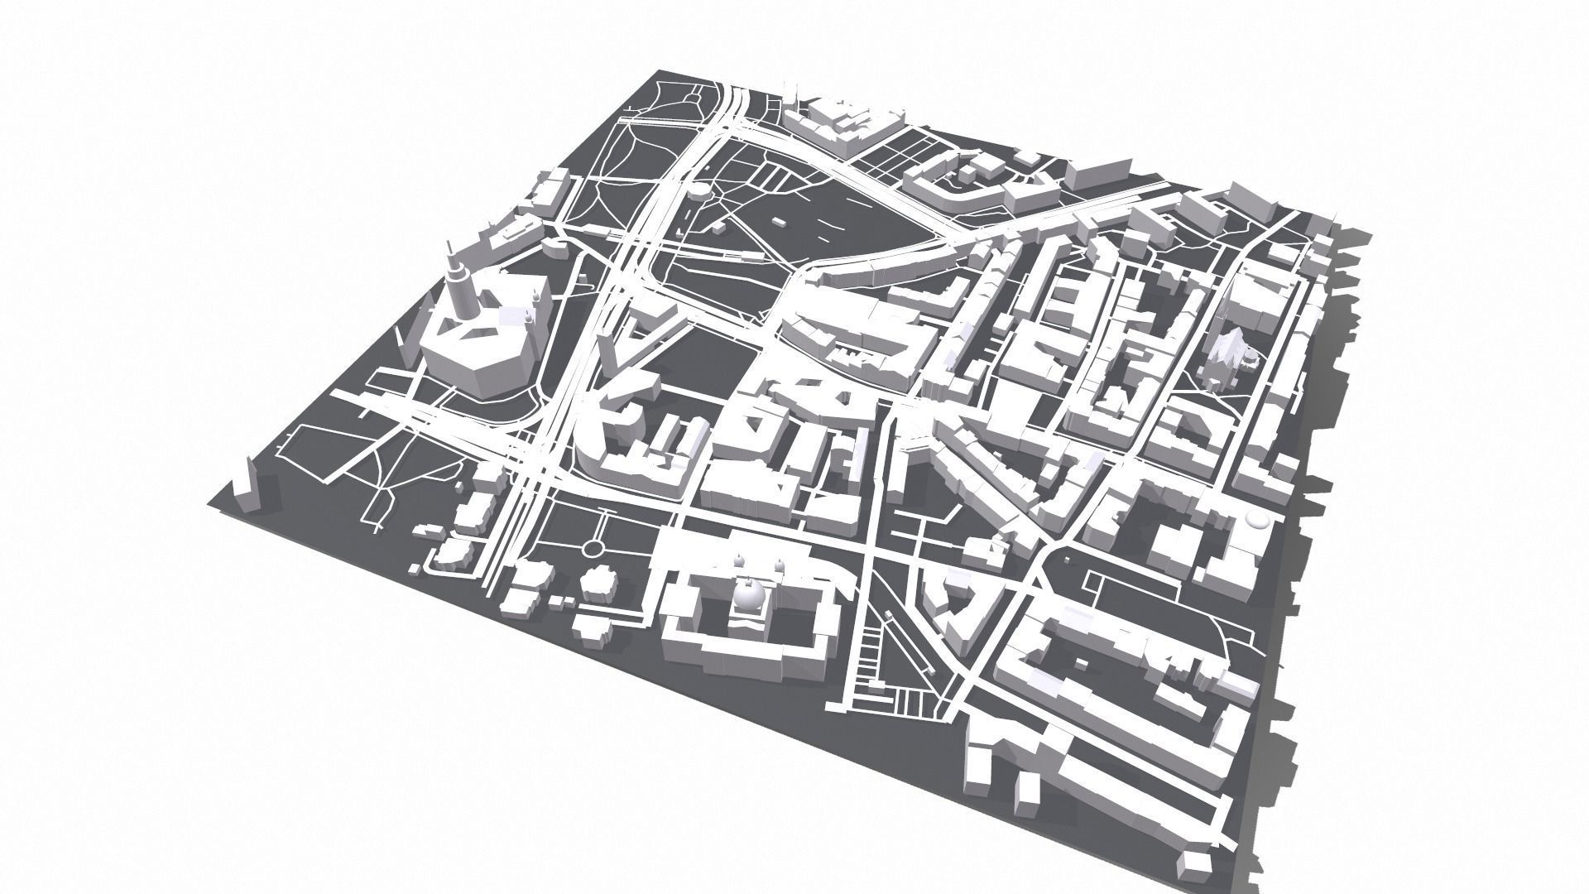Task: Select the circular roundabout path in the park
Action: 593,548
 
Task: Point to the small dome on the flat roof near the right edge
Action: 1256,520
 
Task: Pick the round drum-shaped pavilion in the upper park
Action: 700,192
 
